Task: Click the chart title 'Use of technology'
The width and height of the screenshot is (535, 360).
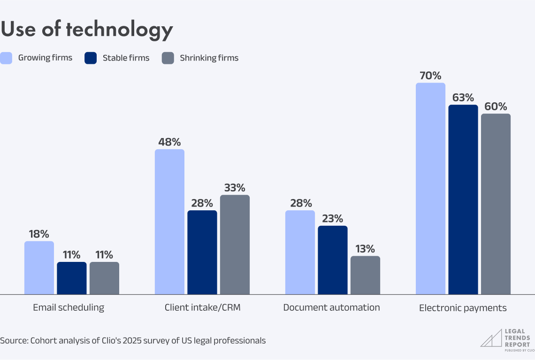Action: click(x=87, y=30)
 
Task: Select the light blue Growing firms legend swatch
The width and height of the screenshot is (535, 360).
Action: click(x=6, y=58)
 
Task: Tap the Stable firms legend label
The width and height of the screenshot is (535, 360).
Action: click(x=126, y=58)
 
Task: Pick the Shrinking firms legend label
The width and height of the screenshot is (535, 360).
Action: click(x=209, y=58)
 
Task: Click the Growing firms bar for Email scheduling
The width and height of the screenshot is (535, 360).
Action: click(x=39, y=268)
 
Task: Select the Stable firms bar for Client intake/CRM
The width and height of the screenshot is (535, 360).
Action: click(x=202, y=252)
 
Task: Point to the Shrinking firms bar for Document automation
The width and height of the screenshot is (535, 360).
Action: click(x=365, y=275)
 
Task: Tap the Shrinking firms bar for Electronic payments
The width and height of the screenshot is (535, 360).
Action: click(x=496, y=204)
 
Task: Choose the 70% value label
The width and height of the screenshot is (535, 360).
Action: click(x=430, y=76)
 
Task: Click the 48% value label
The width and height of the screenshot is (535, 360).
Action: click(x=169, y=142)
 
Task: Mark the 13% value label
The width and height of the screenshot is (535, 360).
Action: click(x=365, y=249)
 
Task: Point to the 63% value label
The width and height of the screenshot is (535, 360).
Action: click(x=463, y=98)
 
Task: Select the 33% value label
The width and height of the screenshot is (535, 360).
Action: click(x=235, y=188)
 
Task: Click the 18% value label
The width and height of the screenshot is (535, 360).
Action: click(x=39, y=234)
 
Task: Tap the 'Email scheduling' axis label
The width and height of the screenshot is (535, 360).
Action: click(x=69, y=308)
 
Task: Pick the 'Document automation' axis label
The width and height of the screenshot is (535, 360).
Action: click(x=331, y=308)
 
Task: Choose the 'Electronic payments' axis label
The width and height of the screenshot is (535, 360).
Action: click(x=463, y=308)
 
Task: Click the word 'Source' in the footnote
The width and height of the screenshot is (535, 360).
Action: click(x=13, y=340)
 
